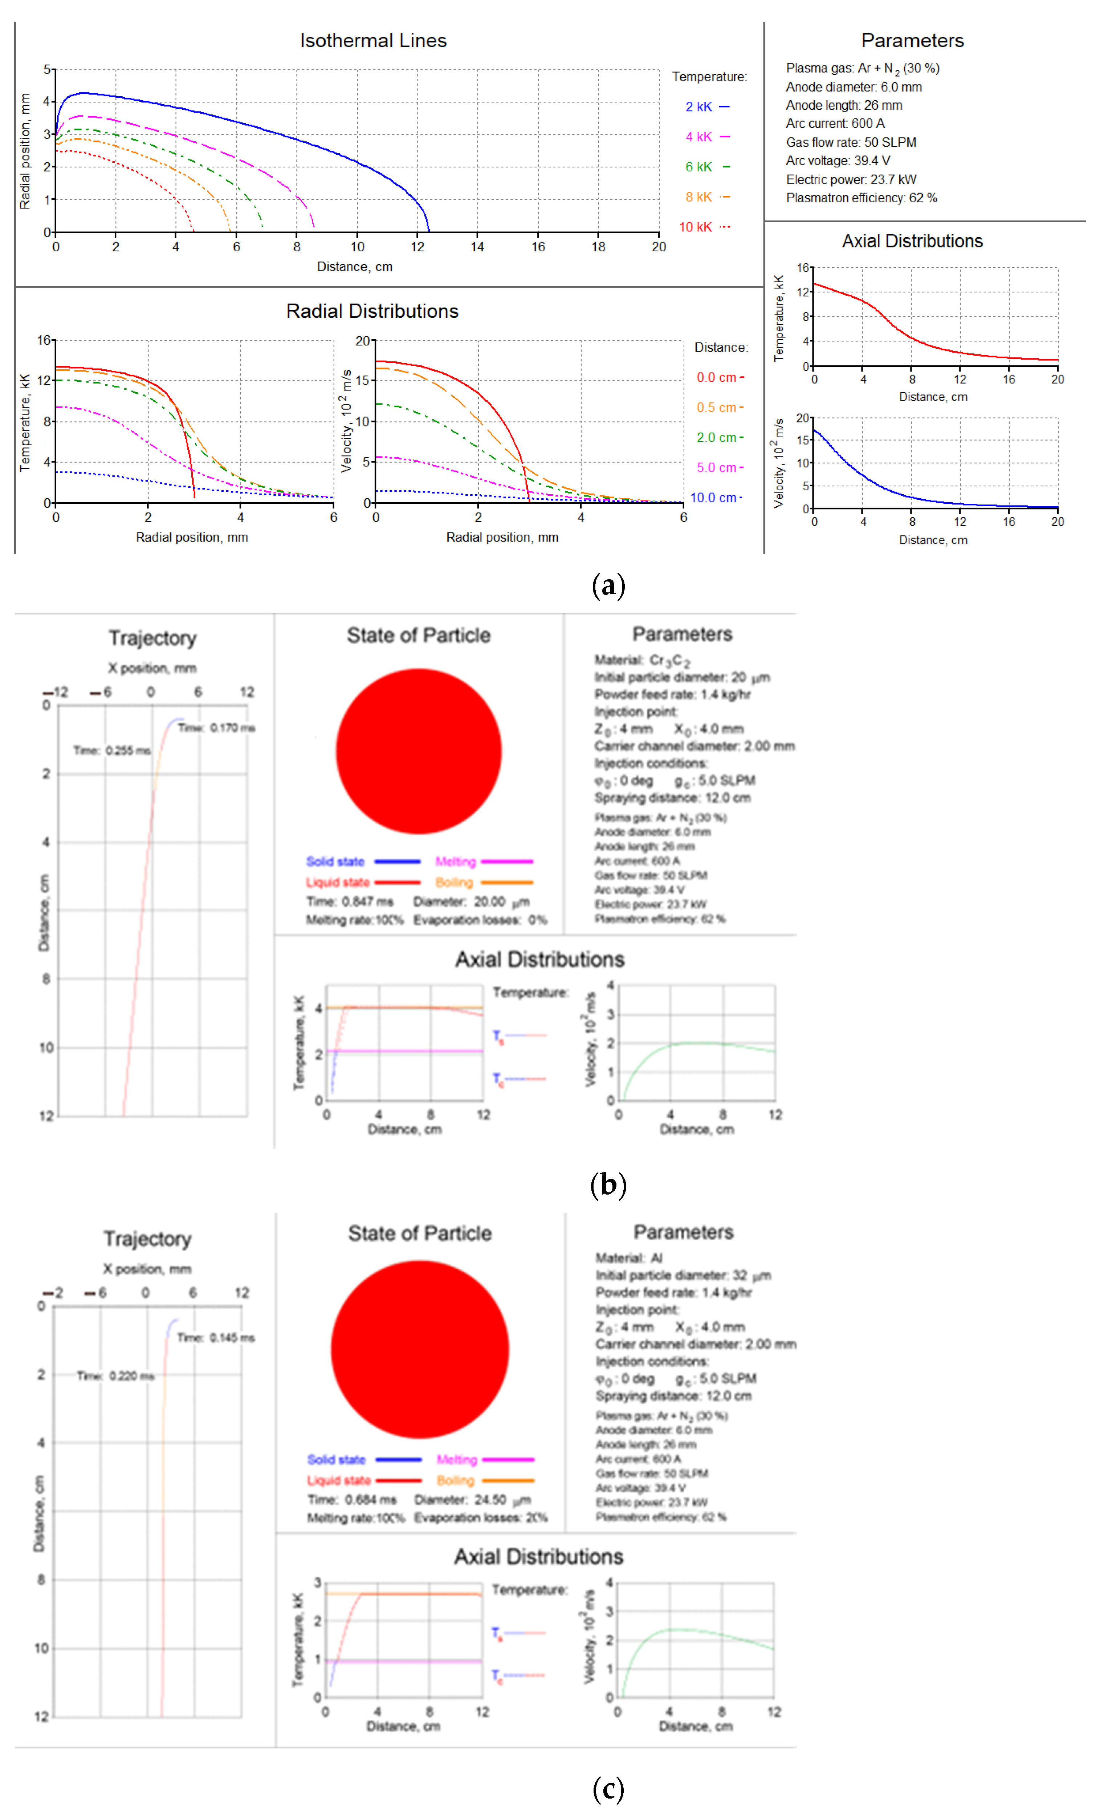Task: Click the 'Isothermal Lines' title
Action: click(373, 41)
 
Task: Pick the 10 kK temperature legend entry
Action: click(704, 227)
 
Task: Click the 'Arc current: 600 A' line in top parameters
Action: click(835, 124)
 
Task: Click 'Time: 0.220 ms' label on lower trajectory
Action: click(116, 1376)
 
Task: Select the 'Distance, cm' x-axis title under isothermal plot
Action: click(354, 267)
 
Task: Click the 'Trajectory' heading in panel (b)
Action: click(152, 638)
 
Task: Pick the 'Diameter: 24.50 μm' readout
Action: click(472, 1500)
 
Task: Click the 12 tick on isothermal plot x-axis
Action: click(417, 247)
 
